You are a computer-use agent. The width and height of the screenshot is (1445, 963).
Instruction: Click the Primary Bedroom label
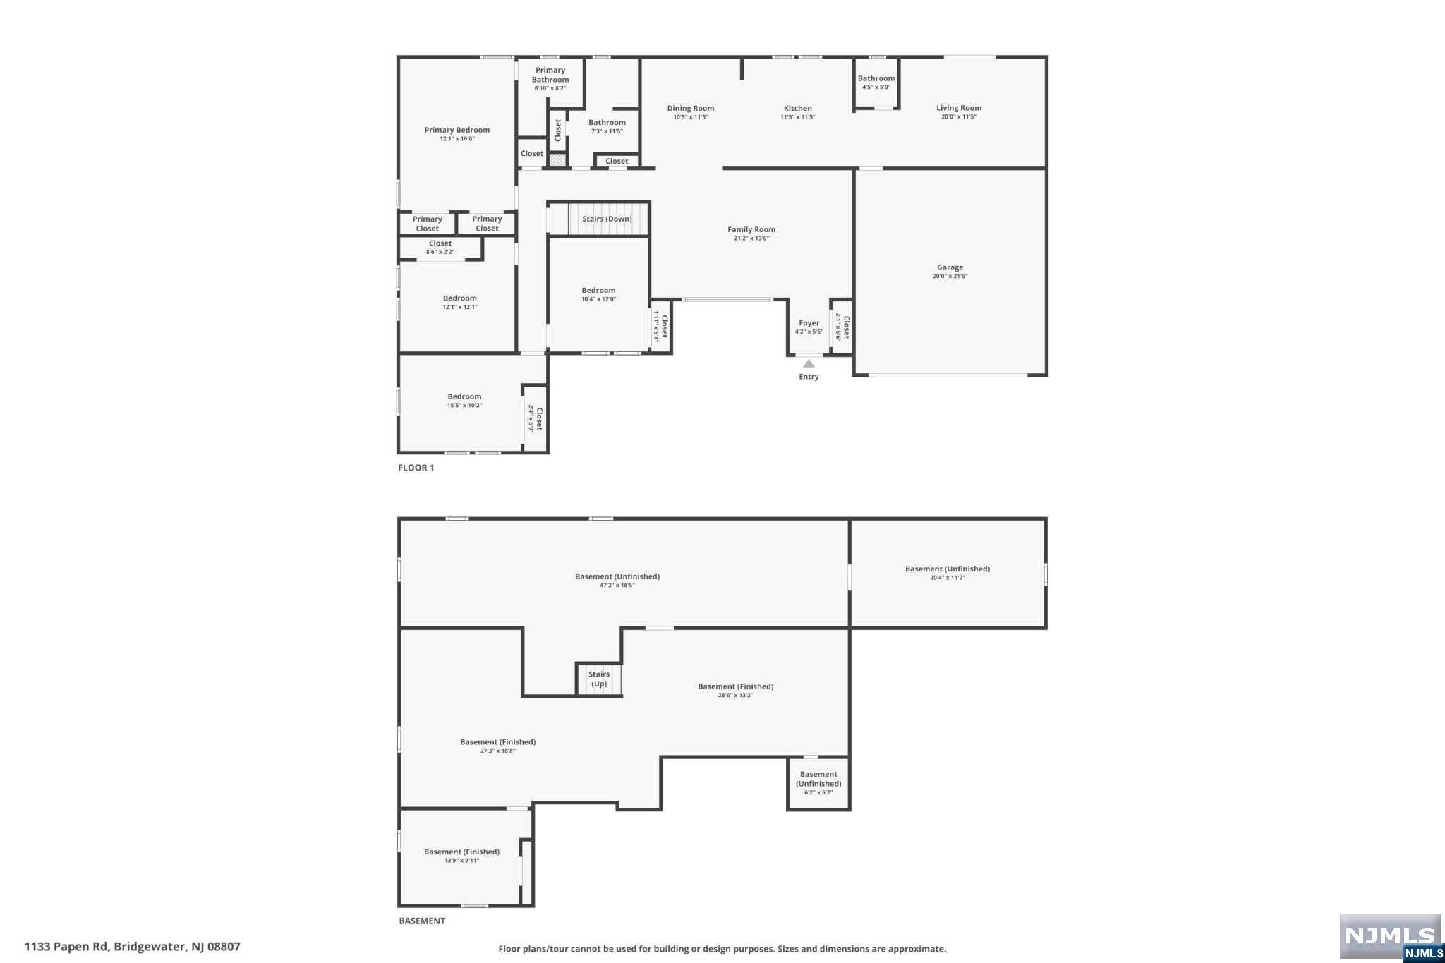457,130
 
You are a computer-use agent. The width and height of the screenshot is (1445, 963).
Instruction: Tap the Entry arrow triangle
809,364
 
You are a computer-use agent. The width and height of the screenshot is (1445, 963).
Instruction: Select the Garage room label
950,267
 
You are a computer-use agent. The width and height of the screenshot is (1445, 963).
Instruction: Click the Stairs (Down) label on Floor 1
607,219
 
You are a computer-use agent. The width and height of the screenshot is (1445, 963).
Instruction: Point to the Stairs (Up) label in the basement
599,679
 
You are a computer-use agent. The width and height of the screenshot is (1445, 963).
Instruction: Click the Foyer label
809,323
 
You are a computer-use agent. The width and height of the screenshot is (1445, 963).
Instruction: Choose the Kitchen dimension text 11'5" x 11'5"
797,117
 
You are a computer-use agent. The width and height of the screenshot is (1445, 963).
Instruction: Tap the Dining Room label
690,108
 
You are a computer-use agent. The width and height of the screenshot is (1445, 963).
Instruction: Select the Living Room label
958,108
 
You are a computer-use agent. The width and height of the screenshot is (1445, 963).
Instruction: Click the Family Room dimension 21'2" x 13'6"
751,238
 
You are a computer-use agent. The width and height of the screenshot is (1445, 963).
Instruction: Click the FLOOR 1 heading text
416,468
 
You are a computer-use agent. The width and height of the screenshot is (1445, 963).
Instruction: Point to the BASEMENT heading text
422,921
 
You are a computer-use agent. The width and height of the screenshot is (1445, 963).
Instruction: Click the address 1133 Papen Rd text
132,947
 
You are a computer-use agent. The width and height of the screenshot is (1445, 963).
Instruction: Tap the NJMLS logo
1389,937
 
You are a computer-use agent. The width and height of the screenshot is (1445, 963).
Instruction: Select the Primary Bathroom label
550,75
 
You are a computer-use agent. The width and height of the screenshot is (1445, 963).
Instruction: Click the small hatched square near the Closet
557,161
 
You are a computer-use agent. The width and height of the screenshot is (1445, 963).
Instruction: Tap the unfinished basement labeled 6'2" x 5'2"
818,783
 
